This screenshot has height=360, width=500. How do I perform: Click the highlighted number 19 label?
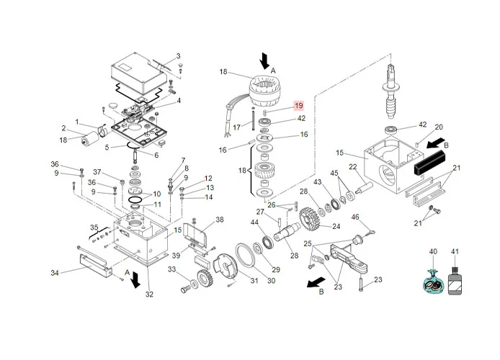tap(298, 107)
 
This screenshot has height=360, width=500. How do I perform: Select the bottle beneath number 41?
tap(454, 279)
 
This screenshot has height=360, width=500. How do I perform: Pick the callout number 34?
tap(55, 272)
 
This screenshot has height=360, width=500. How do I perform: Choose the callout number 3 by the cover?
tap(179, 56)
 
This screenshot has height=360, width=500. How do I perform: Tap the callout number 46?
tap(355, 217)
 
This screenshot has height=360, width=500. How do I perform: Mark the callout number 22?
tap(353, 167)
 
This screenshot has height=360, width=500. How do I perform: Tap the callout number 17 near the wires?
tap(236, 127)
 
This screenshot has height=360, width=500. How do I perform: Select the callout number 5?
tap(107, 148)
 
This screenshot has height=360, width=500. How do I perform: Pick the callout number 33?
tap(172, 269)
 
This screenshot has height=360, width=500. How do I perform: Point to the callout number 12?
tap(208, 178)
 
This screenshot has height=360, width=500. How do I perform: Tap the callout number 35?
tap(93, 227)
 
